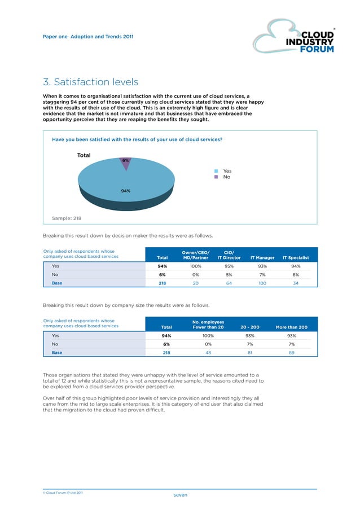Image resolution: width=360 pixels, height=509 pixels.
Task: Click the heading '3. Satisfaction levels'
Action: (90, 82)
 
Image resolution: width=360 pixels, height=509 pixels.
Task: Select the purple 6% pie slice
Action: (126, 161)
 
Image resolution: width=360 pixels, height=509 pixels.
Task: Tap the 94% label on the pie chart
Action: (125, 191)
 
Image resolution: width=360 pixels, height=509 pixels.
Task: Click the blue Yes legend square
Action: (216, 171)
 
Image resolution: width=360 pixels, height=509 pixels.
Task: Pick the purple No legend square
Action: (216, 177)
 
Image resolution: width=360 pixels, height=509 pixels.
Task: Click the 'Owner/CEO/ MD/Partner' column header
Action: (196, 254)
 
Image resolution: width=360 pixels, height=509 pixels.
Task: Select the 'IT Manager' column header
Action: (262, 257)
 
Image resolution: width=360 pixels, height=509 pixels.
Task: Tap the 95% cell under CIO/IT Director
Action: (229, 266)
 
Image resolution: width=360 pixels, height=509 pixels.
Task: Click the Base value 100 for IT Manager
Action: (262, 283)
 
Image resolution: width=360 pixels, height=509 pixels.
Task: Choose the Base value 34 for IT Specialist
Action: (295, 283)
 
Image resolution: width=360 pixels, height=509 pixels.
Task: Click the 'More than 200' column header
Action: (291, 327)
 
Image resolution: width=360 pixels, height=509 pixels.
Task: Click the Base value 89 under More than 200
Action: (291, 352)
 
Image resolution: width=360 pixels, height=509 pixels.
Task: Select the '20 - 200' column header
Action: (249, 327)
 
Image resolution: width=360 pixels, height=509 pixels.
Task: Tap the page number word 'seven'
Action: (180, 494)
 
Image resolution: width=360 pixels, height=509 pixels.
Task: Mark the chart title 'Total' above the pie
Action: (84, 155)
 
